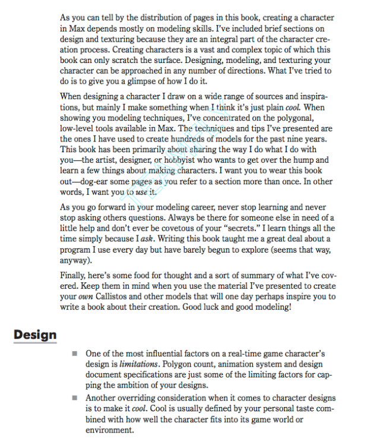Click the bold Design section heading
point(35,334)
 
